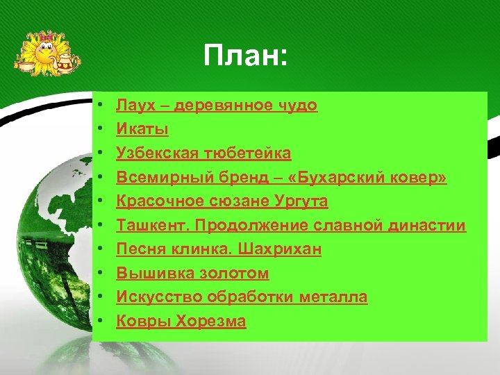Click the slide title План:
[x=245, y=55]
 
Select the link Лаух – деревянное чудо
[x=217, y=106]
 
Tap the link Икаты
[x=142, y=129]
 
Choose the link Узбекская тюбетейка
[x=203, y=153]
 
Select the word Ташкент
[x=147, y=226]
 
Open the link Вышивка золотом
[x=192, y=274]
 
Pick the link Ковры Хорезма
[x=181, y=322]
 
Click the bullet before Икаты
[x=101, y=130]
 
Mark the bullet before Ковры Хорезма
[x=101, y=322]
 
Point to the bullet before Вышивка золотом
[x=101, y=274]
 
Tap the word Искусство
[x=154, y=297]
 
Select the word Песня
[x=138, y=249]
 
